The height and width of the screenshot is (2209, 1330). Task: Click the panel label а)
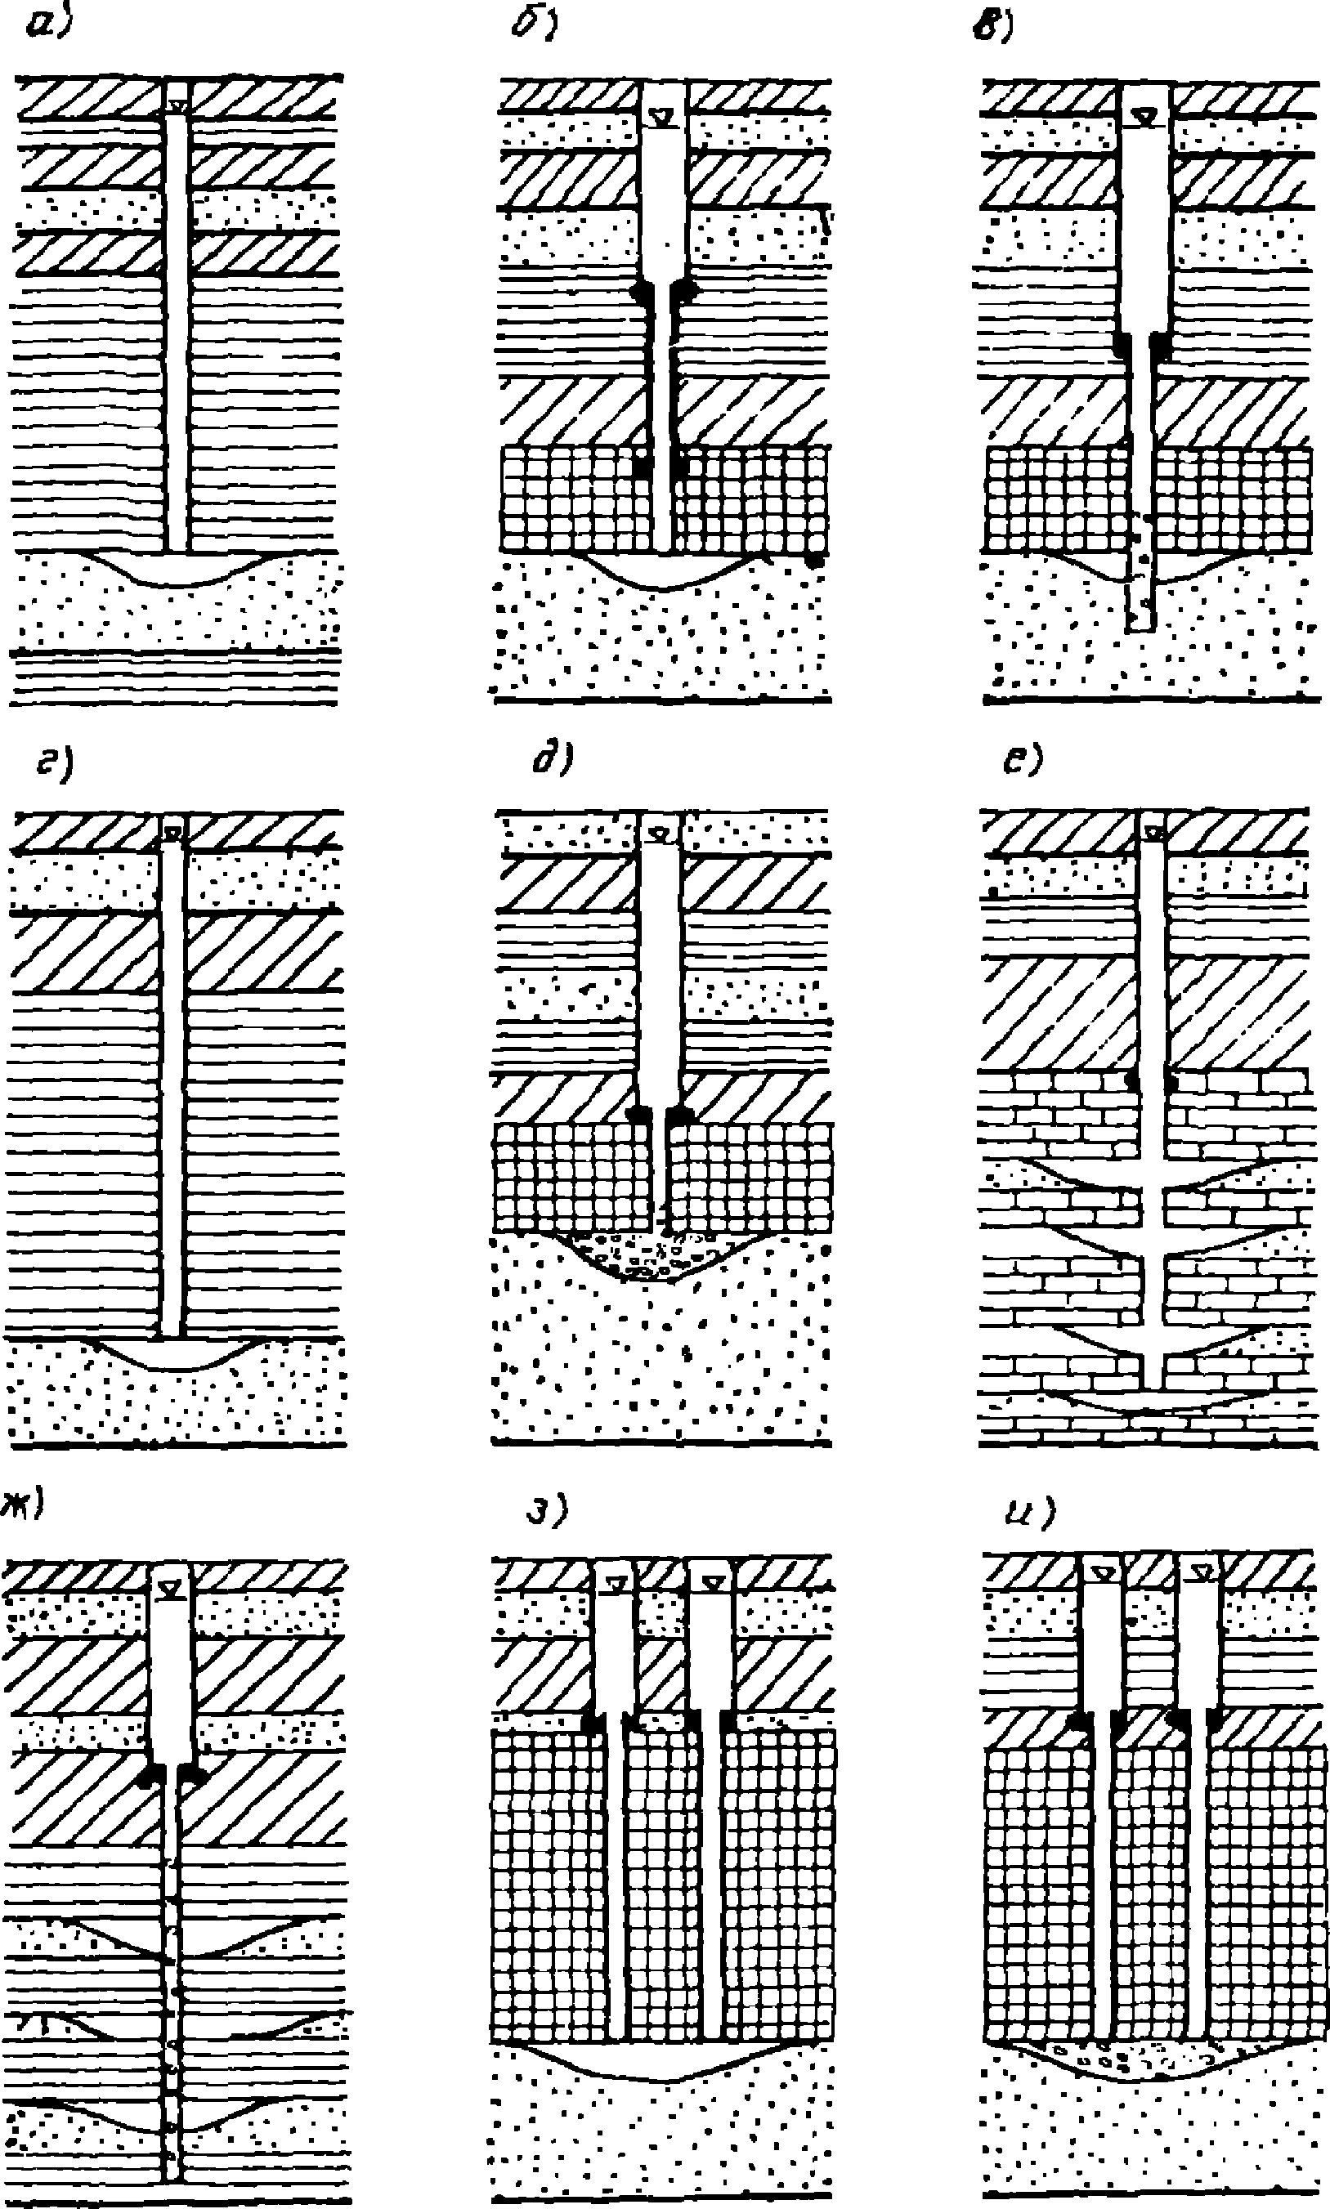[x=48, y=27]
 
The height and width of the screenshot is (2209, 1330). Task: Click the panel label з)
[x=547, y=1512]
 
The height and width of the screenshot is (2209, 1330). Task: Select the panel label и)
[x=1029, y=1511]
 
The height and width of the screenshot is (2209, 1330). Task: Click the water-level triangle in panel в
[x=1144, y=116]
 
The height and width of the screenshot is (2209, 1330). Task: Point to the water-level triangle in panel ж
[x=169, y=1590]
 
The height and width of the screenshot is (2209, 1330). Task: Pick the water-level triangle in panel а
[x=178, y=106]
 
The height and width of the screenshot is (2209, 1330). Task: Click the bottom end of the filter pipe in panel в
[x=1141, y=627]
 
